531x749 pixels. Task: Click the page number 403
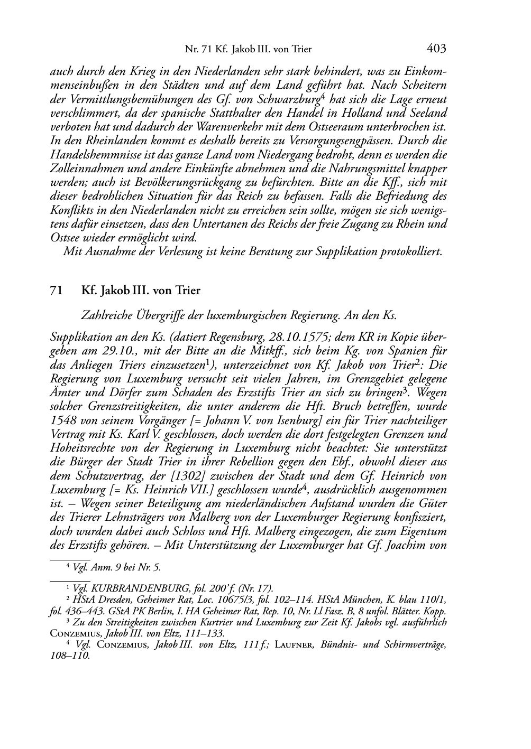pos(436,49)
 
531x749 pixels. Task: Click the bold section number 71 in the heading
pos(57,291)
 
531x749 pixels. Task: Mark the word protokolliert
pos(411,251)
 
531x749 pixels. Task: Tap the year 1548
pos(62,420)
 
